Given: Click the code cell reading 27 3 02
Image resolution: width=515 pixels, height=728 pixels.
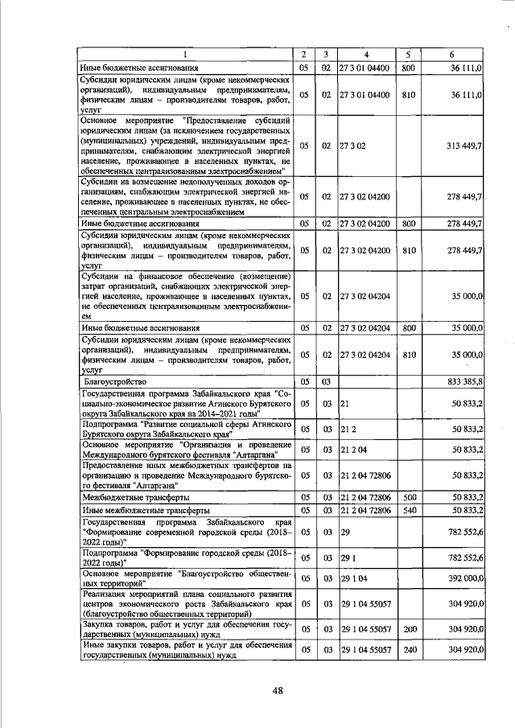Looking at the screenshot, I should click(353, 146).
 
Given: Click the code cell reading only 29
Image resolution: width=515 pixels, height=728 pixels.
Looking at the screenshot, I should click(345, 533).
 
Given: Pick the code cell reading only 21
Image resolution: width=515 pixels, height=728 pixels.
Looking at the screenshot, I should click(344, 402).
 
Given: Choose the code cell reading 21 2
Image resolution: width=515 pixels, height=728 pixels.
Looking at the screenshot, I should click(348, 430).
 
